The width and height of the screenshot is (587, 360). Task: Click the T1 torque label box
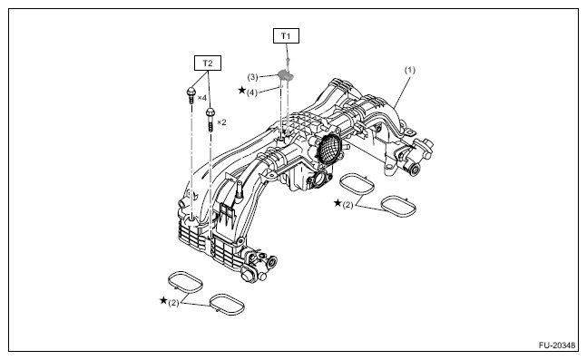tap(286, 36)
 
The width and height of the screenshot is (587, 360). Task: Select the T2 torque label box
tap(208, 63)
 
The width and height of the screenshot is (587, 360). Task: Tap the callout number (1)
tap(410, 70)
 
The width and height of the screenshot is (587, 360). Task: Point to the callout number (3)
tap(252, 77)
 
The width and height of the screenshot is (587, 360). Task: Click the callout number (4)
tap(252, 92)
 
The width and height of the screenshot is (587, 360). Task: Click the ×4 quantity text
tap(201, 98)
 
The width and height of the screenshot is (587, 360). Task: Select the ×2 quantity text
tap(221, 122)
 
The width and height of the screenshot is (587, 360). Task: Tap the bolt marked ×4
tap(191, 95)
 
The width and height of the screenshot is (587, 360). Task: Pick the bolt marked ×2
tap(210, 118)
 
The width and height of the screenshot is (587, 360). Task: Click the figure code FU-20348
tap(557, 345)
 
